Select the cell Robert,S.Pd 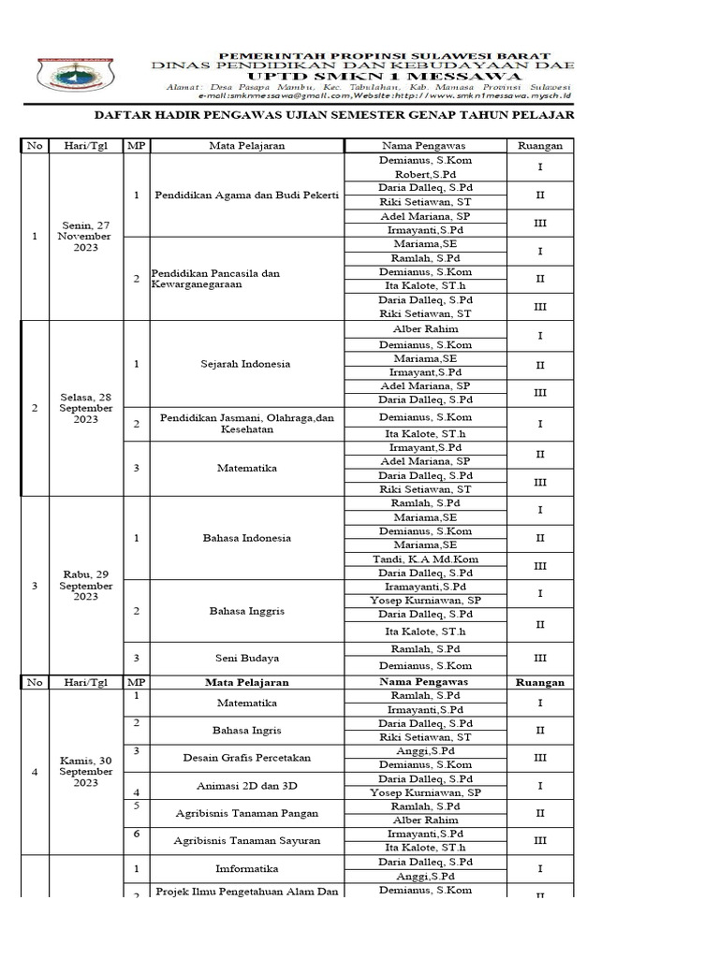[424, 175]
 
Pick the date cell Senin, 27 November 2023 [86, 236]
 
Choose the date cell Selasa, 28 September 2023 [86, 408]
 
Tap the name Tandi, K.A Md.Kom [424, 559]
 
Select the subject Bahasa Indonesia [247, 538]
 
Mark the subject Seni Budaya [247, 658]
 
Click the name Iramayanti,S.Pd [424, 587]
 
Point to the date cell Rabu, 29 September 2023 [86, 586]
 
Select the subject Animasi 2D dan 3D [247, 785]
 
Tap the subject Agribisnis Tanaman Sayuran [247, 840]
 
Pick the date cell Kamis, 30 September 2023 [86, 772]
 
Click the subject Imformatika [247, 868]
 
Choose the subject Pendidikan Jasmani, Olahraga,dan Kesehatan [247, 424]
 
